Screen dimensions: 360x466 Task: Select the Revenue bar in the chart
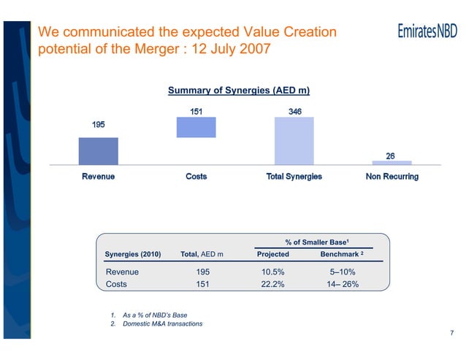[x=98, y=151]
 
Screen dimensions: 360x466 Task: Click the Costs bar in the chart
[x=196, y=127]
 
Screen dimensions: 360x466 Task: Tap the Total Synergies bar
[x=294, y=141]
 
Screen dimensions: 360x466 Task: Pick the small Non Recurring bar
[x=391, y=162]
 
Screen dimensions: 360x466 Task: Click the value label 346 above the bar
[x=295, y=111]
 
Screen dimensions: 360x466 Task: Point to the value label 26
[x=391, y=156]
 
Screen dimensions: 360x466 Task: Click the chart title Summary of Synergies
[x=239, y=91]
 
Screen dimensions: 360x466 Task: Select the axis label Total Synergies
[x=294, y=177]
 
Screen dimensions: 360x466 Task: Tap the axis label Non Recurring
[x=391, y=177]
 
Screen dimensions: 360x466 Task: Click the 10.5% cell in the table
[x=273, y=272]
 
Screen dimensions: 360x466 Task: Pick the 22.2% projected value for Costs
[x=273, y=285]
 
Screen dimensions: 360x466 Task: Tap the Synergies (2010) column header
[x=133, y=254]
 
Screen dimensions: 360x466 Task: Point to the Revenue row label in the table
[x=123, y=272]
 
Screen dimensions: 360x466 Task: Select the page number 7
[x=452, y=334]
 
